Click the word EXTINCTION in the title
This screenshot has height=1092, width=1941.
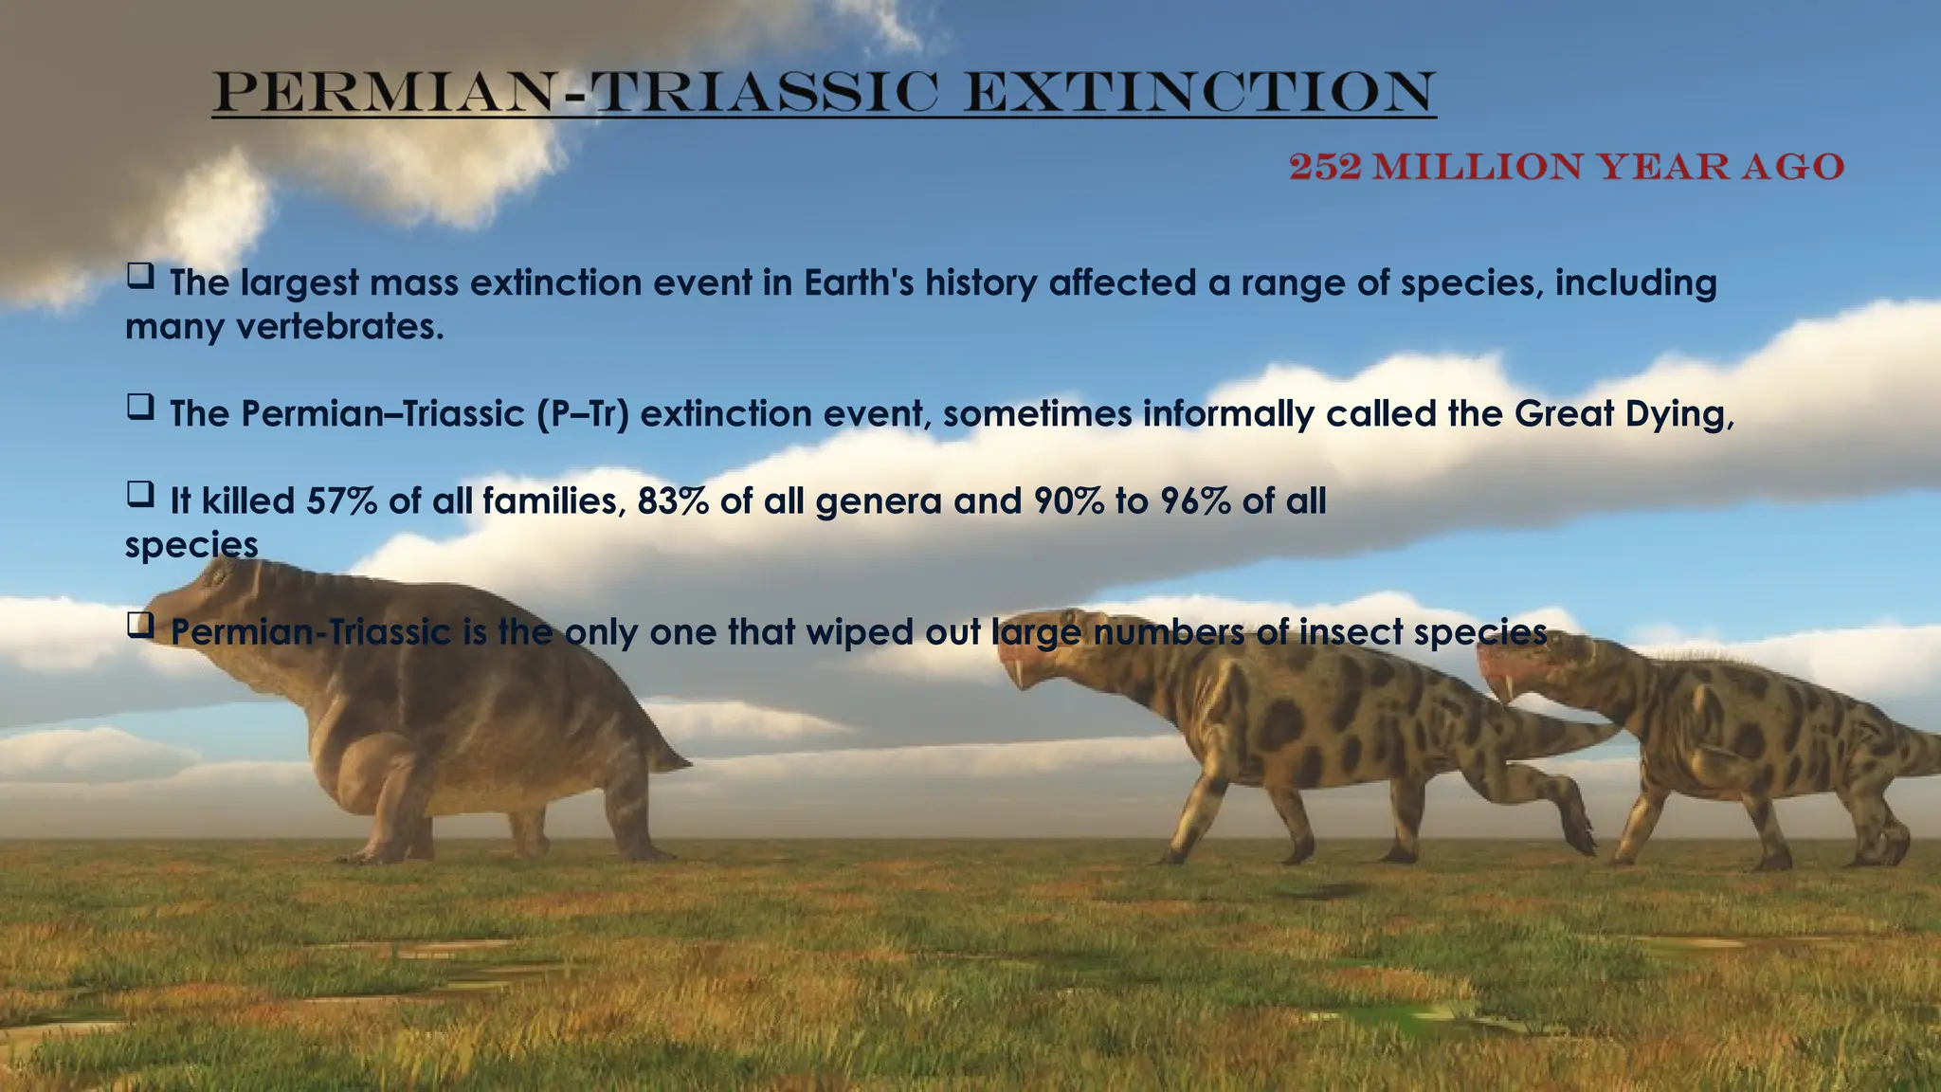[1199, 92]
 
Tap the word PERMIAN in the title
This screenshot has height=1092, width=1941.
[384, 92]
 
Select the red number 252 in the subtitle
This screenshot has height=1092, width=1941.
[1325, 167]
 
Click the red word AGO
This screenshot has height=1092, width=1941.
[1793, 167]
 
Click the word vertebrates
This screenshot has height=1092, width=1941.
[338, 327]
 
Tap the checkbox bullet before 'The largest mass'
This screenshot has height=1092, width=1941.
[140, 277]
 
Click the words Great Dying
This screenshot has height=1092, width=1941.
[1623, 414]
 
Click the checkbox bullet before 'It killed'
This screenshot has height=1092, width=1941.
[140, 495]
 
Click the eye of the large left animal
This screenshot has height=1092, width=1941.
[221, 574]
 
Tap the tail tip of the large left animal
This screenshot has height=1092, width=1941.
[684, 761]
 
